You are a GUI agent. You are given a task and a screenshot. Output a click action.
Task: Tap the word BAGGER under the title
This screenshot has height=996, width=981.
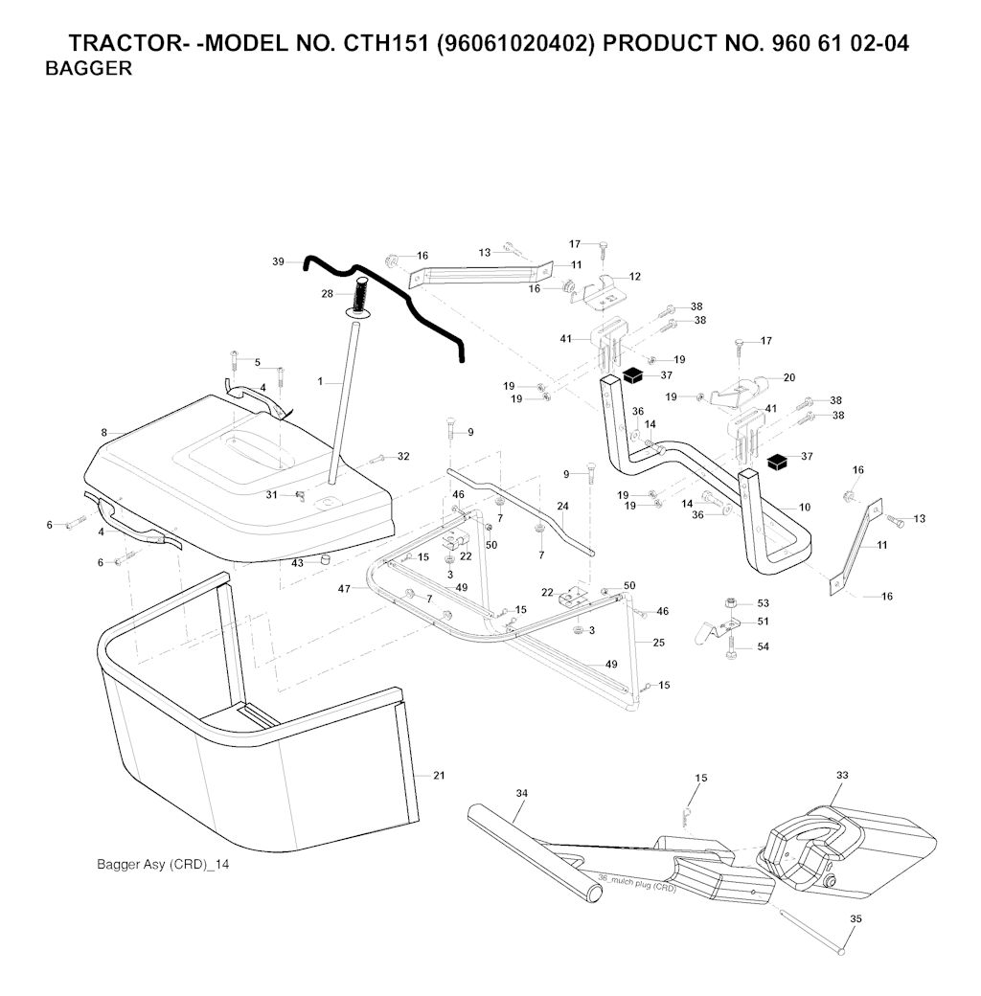[88, 69]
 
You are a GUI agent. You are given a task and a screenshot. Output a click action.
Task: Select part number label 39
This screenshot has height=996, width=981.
[279, 261]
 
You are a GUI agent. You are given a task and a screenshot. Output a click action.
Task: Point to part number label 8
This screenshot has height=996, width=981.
[103, 433]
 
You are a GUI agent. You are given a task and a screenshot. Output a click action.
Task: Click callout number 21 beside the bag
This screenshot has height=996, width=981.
[439, 775]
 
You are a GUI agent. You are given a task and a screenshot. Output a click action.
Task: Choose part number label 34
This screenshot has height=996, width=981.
[521, 793]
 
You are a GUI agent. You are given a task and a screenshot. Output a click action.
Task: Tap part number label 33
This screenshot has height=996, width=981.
[842, 775]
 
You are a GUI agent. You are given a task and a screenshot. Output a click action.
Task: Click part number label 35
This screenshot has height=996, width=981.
[856, 918]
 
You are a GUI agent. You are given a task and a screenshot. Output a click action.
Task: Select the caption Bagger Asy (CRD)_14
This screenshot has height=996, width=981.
[163, 864]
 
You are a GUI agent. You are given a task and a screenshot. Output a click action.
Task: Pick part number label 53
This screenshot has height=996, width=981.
[763, 603]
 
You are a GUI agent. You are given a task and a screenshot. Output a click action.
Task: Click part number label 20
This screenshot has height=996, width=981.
[788, 378]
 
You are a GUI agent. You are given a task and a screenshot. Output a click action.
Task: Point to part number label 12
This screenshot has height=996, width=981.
[635, 276]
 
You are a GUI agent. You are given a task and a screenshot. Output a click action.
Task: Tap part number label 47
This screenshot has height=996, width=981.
[344, 590]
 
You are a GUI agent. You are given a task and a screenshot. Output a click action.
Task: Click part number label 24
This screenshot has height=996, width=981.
[562, 506]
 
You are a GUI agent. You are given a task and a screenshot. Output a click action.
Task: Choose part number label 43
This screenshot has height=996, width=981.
[297, 563]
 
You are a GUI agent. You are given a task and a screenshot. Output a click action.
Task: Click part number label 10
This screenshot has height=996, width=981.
[804, 507]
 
